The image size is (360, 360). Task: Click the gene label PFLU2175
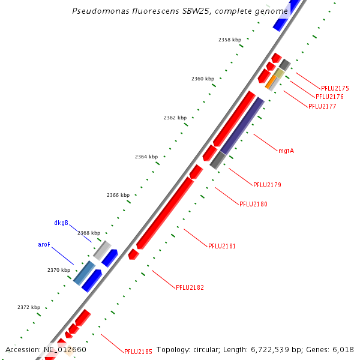pos(335,88)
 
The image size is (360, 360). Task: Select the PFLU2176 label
pos(329,97)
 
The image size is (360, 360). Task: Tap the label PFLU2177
pos(322,106)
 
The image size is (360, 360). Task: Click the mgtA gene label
pos(286,151)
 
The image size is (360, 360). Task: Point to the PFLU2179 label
pos(267,185)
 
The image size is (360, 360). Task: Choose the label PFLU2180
pos(253,204)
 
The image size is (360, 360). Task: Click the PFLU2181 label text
pos(222,246)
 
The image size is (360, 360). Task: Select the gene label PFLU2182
pos(190,287)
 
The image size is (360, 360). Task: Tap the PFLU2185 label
pos(138,352)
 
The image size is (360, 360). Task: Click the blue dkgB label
pos(61,223)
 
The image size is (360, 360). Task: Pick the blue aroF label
pos(44,245)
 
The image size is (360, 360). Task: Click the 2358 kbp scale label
pos(229,40)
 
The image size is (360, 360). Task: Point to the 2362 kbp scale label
pos(174,118)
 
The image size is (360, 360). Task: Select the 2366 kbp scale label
pos(118,195)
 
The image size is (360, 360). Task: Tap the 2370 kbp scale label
pos(59,270)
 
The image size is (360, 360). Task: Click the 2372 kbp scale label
pos(28,307)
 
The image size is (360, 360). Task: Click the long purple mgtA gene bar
pos(242,125)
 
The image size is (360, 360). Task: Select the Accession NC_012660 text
pos(46,350)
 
